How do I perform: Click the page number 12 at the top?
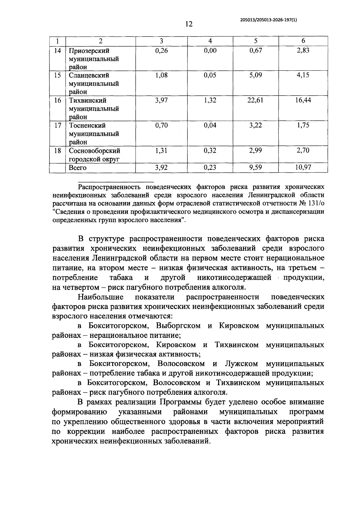pos(189,24)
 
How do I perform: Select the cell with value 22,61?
pos(255,100)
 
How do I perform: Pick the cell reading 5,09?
pos(256,75)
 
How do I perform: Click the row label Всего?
pos(78,168)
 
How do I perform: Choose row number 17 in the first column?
pos(57,125)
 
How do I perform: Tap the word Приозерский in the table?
pos(89,51)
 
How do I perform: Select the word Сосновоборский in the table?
pos(94,151)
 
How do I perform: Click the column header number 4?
pos(210,41)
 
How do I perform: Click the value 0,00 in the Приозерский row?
pos(210,51)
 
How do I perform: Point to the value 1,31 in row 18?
pos(161,151)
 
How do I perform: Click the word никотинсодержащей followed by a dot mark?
pos(234,278)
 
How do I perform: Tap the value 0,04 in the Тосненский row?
pos(210,125)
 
